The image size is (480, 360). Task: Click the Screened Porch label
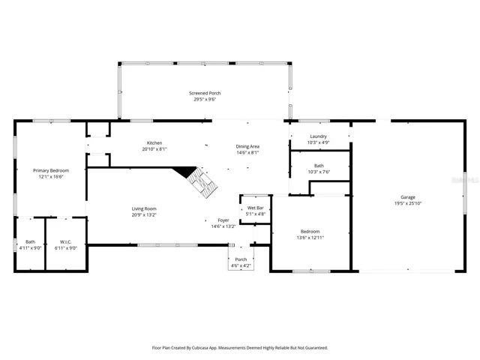pos(205,93)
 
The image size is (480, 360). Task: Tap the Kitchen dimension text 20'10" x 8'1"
pos(154,149)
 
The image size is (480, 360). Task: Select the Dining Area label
pos(247,146)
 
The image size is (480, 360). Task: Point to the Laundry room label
pos(318,136)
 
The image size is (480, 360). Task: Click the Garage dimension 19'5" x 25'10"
pos(408,203)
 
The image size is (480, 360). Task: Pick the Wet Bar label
pos(256,208)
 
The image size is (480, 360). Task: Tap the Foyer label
pos(223,220)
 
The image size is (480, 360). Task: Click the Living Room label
pos(144,208)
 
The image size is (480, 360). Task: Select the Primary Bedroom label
pos(51,170)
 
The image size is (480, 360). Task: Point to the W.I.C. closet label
pos(66,241)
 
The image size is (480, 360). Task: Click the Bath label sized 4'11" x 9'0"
pos(30,241)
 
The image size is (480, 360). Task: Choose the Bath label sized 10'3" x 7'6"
pos(319,166)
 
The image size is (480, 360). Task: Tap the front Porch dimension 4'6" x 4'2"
pos(241,265)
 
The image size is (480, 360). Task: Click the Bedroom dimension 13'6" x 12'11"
pos(310,238)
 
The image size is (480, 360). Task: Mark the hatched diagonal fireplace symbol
pos(202,183)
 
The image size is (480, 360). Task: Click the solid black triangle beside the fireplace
pos(184,172)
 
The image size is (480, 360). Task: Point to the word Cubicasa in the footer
pos(199,348)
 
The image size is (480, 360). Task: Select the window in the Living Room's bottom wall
pos(168,245)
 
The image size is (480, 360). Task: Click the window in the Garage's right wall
pos(465,193)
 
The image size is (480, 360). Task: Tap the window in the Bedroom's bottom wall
pos(311,271)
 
